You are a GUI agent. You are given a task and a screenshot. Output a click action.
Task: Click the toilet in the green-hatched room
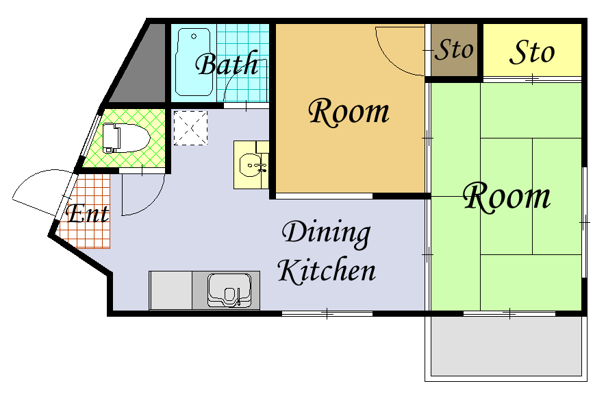pos(125,138)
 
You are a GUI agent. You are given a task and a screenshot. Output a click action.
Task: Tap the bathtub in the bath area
pos(194,62)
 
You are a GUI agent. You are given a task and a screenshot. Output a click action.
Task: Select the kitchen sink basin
pos(229,289)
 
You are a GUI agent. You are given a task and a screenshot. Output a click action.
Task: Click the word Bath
pos(227,64)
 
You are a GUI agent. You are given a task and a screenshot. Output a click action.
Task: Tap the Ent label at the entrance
pos(88,213)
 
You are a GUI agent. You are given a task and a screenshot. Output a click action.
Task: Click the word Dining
pos(326,233)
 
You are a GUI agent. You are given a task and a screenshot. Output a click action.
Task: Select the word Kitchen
pos(327,270)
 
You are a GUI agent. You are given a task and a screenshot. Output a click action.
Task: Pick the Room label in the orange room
pos(349,112)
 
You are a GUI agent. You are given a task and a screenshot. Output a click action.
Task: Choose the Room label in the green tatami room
pos(507,197)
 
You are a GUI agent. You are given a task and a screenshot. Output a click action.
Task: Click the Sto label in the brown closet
pos(454,49)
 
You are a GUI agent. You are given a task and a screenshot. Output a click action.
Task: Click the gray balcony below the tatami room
pos(506,346)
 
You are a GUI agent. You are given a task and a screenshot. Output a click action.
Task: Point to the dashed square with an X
pos(190,128)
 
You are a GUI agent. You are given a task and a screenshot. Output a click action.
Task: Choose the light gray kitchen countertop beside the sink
pos(171,290)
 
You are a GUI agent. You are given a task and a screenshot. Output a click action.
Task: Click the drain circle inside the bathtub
pos(194,37)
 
